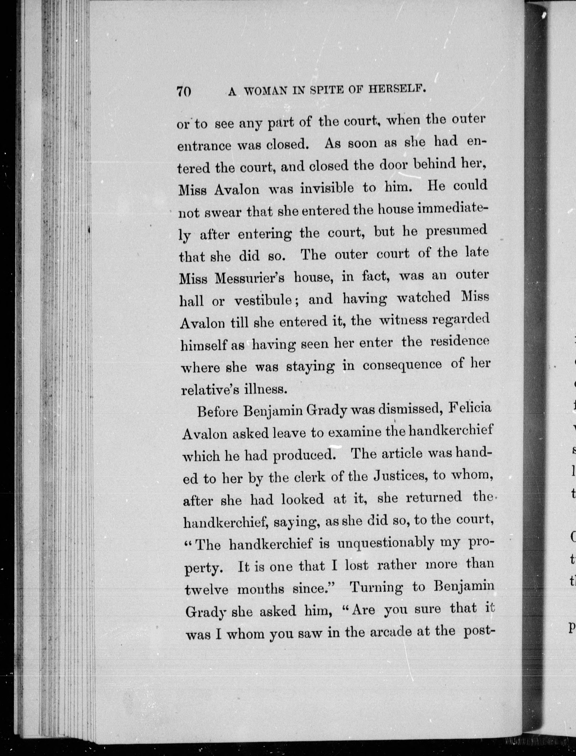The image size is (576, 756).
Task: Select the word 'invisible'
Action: [327, 188]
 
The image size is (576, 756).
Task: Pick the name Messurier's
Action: [250, 278]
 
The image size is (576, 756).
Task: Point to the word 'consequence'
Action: [402, 365]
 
